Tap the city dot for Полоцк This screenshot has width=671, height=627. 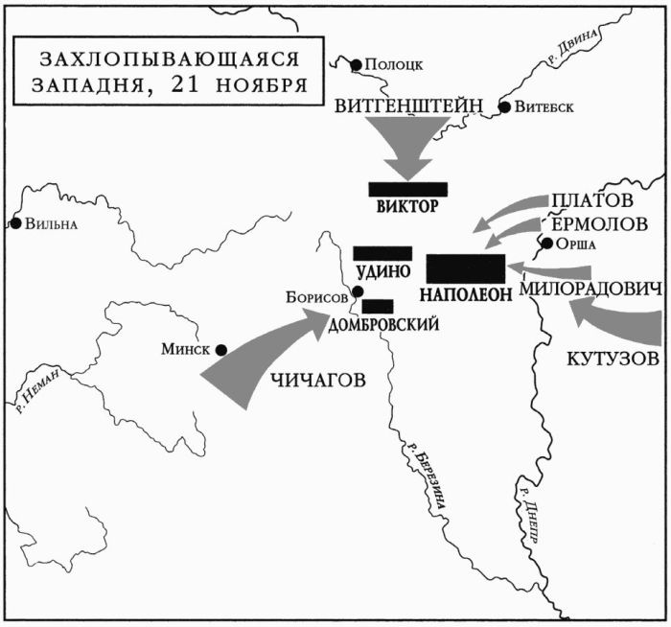pos(357,65)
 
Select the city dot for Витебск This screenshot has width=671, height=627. pos(504,106)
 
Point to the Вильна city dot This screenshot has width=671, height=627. pos(15,223)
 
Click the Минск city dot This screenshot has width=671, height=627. pos(220,350)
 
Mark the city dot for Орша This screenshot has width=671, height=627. pos(547,244)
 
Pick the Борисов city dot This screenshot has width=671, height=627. pos(357,292)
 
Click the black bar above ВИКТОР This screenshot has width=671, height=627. pos(407,189)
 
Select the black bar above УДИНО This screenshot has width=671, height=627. pos(382,253)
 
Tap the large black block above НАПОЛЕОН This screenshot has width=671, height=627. pos(465,269)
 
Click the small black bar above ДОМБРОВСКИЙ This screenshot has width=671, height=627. pos(378,306)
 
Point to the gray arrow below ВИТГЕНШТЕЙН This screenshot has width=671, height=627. pos(406,150)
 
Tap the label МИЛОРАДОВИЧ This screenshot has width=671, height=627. pos(590,289)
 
